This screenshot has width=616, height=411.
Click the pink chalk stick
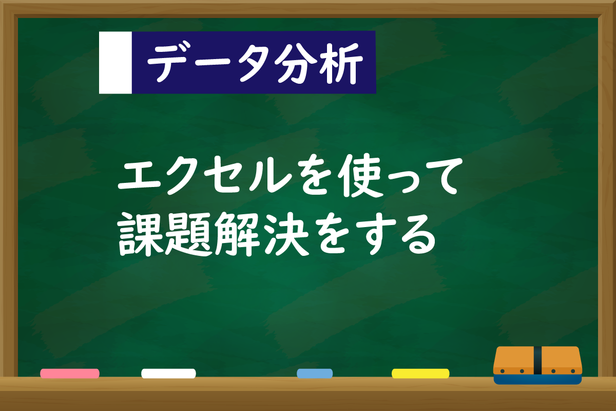point(70,373)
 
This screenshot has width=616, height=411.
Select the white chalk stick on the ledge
point(168,373)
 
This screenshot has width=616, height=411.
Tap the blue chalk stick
point(315,373)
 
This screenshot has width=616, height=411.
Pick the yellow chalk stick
point(420,373)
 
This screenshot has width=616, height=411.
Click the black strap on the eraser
point(537,360)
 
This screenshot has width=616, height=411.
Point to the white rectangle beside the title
point(115,63)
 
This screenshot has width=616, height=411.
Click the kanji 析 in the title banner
point(341,64)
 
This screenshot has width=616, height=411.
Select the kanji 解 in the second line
point(238,234)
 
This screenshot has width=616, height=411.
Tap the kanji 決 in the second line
point(286,234)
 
